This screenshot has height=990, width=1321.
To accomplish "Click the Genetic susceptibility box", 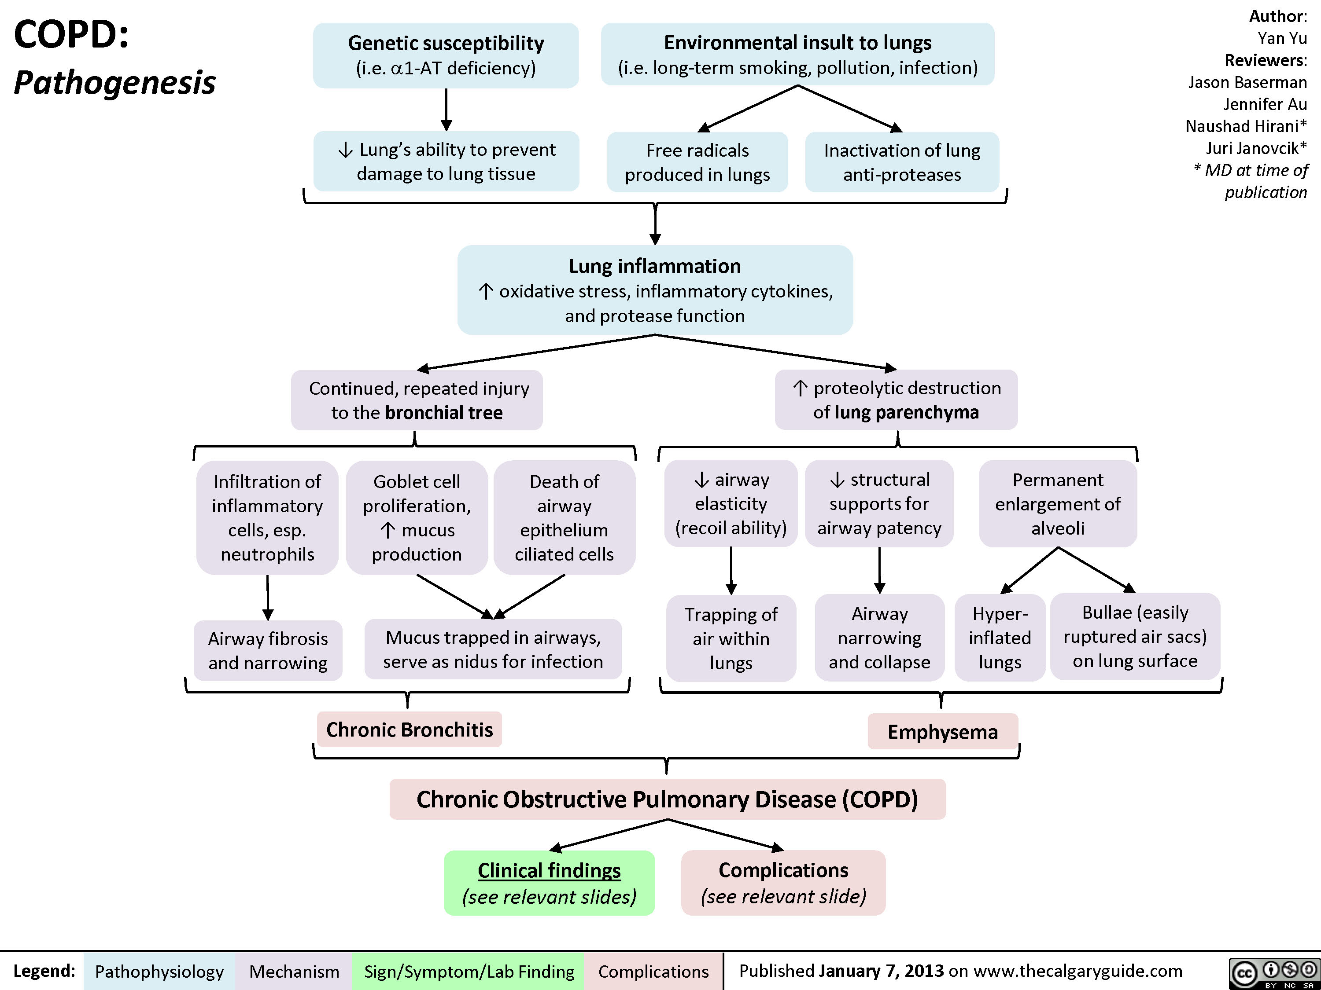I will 446,55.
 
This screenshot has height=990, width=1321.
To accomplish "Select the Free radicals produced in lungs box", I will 697,162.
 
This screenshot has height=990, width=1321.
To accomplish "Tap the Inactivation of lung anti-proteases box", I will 902,162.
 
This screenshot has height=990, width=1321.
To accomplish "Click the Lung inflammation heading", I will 654,266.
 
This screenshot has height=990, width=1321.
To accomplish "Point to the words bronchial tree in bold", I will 444,412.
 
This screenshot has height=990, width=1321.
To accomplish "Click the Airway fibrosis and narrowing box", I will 268,650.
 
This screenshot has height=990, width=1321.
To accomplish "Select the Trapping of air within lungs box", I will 731,638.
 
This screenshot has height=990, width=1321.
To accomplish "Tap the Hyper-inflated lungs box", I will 1000,637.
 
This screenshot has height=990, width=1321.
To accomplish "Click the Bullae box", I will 1135,636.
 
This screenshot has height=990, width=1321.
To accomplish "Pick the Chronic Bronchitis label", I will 409,729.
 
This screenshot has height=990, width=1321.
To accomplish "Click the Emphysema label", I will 942,732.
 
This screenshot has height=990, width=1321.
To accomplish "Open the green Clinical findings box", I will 549,883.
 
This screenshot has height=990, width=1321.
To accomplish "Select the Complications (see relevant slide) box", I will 783,883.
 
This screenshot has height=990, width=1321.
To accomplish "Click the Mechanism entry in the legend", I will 294,972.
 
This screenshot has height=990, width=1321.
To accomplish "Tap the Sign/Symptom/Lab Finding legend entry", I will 469,972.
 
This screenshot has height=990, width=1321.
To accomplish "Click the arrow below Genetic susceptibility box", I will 446,110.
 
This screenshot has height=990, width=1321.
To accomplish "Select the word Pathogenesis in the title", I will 114,82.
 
